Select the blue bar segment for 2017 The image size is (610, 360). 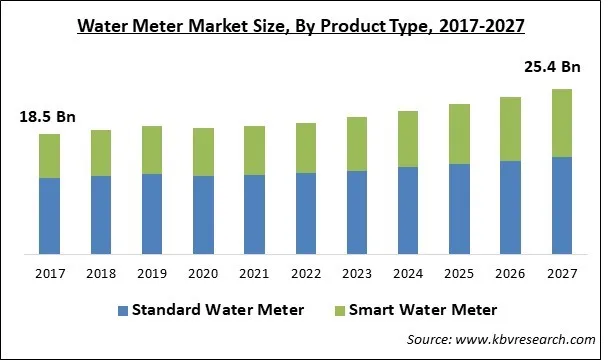point(49,215)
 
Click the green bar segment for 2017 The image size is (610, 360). point(49,156)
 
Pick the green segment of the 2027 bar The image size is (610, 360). point(561,123)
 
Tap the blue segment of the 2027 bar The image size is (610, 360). point(561,205)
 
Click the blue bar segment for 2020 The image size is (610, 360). point(203,214)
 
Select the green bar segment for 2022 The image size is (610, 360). point(305,148)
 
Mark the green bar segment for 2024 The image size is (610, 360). point(408,139)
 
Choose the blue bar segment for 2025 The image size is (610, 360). point(459,208)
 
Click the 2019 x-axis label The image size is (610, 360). point(152,273)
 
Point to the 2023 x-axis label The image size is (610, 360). point(356,273)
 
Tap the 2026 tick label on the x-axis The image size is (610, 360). point(510,273)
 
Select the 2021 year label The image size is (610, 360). point(254,273)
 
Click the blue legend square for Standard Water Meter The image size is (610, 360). point(124,310)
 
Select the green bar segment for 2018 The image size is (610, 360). point(101,153)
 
